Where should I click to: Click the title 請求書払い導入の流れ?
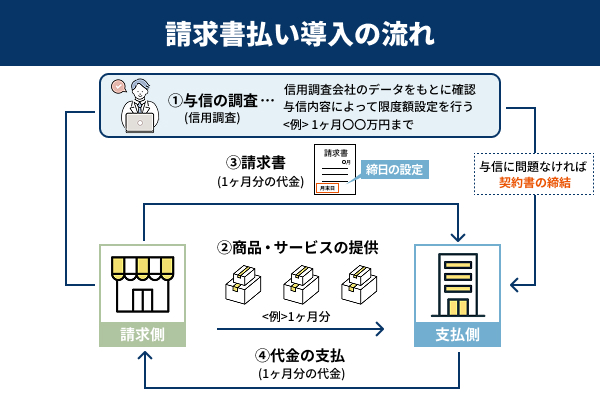300,33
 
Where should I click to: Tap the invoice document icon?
333,169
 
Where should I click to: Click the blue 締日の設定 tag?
398,169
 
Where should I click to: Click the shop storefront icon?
142,284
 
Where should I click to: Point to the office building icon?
458,284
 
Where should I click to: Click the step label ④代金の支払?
300,356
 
